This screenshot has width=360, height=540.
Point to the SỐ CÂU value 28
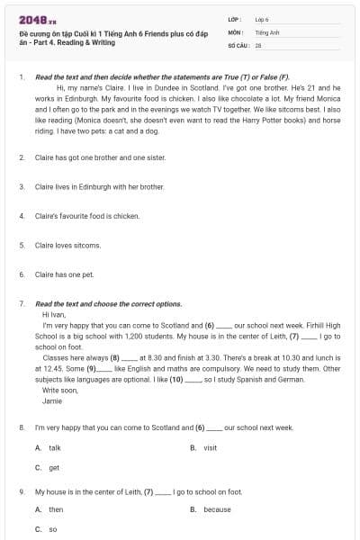click(x=258, y=44)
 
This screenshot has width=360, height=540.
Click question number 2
click(x=21, y=157)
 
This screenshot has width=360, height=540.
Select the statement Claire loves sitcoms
click(x=67, y=245)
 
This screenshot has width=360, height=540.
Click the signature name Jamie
click(x=52, y=400)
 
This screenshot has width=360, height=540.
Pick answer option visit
click(x=210, y=447)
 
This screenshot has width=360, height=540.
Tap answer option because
click(x=216, y=508)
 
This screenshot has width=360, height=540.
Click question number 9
click(x=21, y=491)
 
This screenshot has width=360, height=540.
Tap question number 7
click(x=21, y=304)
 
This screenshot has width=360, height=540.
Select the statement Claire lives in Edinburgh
click(x=99, y=186)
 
